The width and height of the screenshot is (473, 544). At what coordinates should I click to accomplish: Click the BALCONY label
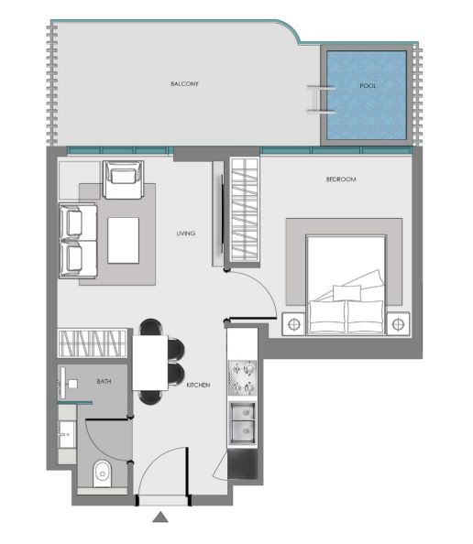[184, 83]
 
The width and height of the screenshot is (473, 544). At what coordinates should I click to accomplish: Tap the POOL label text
[368, 85]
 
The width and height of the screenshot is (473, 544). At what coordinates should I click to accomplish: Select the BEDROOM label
[341, 179]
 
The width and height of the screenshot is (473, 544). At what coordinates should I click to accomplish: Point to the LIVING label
[186, 234]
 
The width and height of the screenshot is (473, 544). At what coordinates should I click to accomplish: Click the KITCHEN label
[198, 385]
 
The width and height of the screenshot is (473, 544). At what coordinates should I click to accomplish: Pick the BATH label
[104, 381]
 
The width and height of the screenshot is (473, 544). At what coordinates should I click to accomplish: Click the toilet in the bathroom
[102, 473]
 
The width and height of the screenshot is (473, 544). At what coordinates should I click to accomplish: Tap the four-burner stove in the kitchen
[242, 377]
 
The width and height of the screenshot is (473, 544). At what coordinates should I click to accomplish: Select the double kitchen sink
[242, 423]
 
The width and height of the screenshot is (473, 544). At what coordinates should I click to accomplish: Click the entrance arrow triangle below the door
[160, 517]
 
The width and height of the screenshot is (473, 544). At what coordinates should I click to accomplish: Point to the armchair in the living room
[123, 180]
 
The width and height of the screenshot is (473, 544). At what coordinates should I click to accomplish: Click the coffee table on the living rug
[123, 241]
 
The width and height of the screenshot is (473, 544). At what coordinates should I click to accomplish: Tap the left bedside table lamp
[294, 324]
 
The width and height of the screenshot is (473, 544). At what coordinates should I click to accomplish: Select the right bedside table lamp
[398, 324]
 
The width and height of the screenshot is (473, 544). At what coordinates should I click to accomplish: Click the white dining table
[150, 363]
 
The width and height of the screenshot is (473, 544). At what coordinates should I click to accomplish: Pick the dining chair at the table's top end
[150, 327]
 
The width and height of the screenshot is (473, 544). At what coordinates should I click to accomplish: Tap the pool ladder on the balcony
[321, 100]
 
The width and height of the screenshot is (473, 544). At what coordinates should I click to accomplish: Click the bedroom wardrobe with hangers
[245, 209]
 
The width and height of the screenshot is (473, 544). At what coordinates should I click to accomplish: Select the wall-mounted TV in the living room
[222, 214]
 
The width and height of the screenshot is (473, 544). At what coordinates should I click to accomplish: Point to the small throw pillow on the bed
[346, 292]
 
